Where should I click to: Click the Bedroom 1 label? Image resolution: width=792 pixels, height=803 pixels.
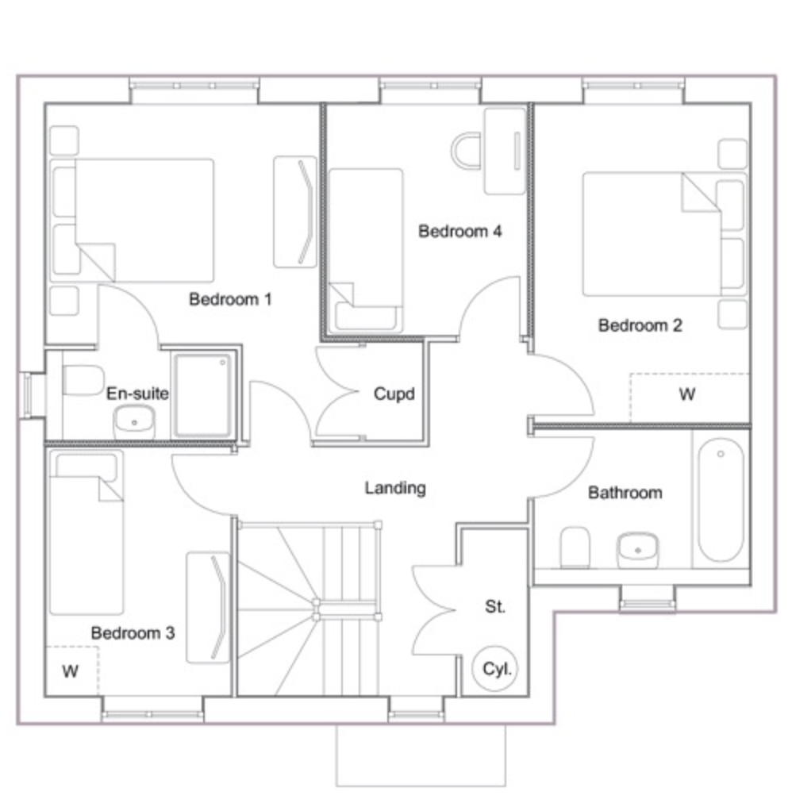230,299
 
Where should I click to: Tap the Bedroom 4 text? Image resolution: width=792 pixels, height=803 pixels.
460,231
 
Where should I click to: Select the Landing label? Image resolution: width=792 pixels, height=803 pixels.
395,488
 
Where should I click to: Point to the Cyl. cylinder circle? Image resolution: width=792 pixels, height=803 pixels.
495,668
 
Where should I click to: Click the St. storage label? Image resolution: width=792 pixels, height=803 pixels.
495,606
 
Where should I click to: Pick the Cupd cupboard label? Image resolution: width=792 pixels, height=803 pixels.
394,394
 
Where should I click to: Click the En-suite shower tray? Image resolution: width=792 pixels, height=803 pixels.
203,395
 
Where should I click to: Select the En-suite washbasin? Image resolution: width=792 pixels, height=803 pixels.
133,421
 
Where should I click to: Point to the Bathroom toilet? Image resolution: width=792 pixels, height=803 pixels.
575,547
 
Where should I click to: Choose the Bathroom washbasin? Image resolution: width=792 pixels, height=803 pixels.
638,550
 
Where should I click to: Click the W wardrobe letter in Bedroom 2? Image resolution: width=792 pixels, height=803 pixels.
687,394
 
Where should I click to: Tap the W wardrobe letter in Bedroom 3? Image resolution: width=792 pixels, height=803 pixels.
70,670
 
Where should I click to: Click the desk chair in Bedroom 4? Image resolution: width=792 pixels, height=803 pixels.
466,151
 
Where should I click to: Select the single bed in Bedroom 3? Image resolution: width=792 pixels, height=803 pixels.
87,532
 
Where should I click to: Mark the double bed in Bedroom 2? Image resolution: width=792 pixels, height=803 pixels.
664,234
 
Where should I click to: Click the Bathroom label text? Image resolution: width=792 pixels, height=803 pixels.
625,493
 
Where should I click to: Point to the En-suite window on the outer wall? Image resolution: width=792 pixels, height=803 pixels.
27,395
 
